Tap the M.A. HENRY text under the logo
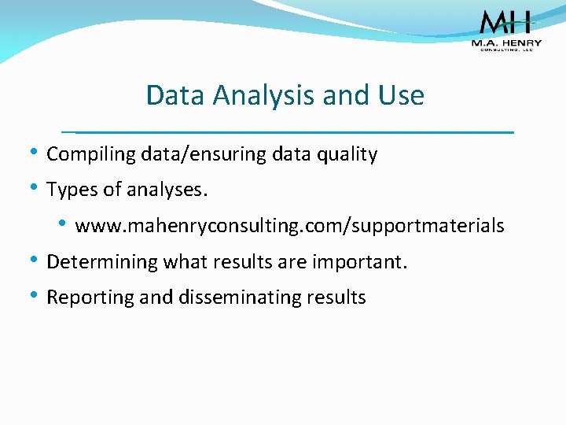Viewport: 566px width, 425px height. [x=505, y=43]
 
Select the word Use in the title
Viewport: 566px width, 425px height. [x=400, y=96]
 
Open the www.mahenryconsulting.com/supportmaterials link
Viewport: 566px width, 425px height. [x=289, y=227]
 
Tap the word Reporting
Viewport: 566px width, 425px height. [x=84, y=297]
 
